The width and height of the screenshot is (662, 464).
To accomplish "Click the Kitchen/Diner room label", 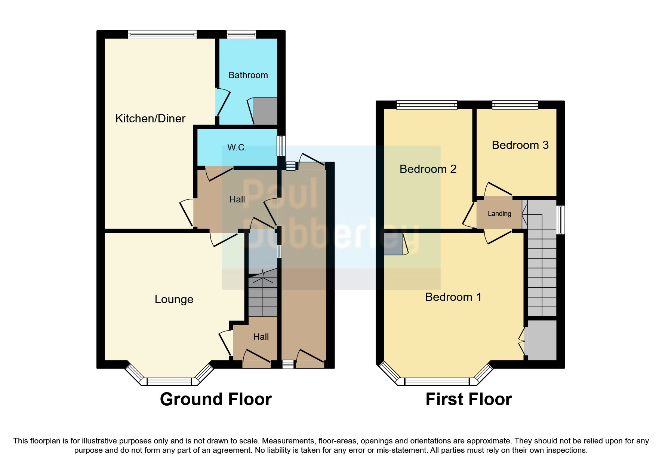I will click(150, 119).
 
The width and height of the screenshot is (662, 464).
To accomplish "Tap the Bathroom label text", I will click(248, 75).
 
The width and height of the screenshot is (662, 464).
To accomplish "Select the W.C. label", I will click(237, 147).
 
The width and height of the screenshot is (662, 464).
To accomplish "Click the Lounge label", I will click(174, 299).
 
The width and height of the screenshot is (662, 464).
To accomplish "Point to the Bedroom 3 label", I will click(520, 145).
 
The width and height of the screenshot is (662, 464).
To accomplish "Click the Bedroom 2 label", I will click(428, 169).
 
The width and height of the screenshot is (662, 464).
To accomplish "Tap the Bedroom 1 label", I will click(453, 297).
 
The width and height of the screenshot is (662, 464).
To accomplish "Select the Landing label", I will click(499, 214).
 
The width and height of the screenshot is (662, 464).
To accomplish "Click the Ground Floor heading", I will click(216, 399).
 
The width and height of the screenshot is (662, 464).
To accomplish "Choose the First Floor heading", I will click(468, 399).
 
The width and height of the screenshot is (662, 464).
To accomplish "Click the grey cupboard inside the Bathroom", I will click(265, 111).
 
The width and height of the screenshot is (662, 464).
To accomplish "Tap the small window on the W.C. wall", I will click(281, 145).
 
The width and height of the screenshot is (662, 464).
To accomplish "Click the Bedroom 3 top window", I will click(515, 105).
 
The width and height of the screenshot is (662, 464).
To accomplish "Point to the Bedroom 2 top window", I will click(427, 105).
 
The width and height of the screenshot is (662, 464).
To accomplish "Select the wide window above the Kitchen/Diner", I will click(162, 35).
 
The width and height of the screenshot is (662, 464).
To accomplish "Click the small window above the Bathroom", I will click(241, 35).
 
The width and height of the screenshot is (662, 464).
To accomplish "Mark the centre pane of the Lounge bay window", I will click(169, 381).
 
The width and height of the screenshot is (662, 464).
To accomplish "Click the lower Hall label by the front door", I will click(261, 337).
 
